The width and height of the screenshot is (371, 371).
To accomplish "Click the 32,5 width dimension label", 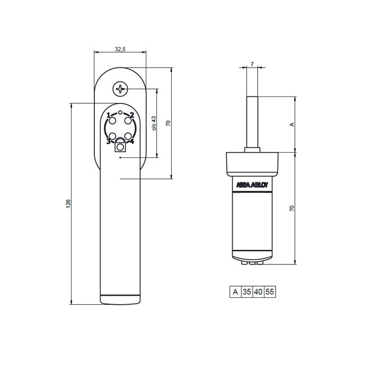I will [x=120, y=49].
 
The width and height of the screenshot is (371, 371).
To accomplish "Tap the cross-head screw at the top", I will [x=121, y=89].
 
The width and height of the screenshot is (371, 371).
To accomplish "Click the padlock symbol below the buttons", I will [x=120, y=145].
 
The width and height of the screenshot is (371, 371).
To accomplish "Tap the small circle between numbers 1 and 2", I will [x=120, y=113].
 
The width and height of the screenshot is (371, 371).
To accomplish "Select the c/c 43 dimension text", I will [x=154, y=123].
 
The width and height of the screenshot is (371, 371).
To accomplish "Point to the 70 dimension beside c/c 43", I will [x=168, y=123].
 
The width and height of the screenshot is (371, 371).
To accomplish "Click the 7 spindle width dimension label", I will [x=252, y=64].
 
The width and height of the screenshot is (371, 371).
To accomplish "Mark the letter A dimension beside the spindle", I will [x=290, y=125].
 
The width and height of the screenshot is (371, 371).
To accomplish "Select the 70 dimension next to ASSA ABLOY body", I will [x=290, y=209].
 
